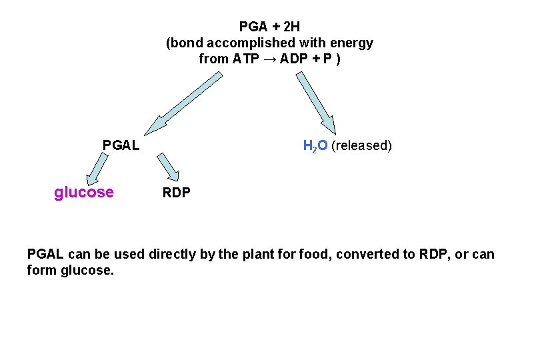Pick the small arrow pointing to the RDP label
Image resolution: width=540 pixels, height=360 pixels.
[169, 167]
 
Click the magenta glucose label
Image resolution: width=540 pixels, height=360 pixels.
[84, 193]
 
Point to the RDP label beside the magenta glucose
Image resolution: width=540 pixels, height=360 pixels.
[177, 193]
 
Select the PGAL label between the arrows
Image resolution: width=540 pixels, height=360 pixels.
[121, 145]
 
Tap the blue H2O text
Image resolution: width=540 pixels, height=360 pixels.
[315, 145]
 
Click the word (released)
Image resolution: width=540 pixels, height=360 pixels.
[361, 145]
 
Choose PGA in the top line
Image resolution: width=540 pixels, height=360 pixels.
[253, 27]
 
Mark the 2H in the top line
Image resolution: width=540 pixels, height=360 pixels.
[291, 27]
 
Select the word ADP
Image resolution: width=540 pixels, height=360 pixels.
[293, 59]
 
